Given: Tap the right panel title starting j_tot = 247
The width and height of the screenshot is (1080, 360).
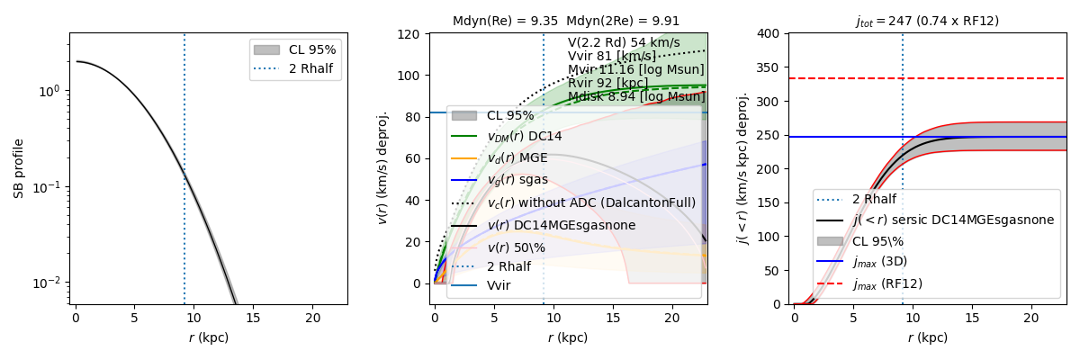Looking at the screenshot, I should [927, 21].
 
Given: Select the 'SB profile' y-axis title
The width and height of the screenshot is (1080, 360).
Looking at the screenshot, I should [18, 168].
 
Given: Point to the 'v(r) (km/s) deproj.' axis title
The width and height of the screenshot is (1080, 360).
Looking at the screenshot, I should [382, 168].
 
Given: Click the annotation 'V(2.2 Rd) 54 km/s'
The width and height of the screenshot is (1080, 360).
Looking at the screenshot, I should [624, 42].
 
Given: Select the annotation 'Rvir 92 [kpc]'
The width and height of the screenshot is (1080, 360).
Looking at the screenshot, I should [609, 83].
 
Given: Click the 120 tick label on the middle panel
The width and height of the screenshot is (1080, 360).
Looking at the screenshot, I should [411, 34].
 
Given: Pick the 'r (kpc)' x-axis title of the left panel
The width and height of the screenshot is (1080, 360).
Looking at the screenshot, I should [209, 338].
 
